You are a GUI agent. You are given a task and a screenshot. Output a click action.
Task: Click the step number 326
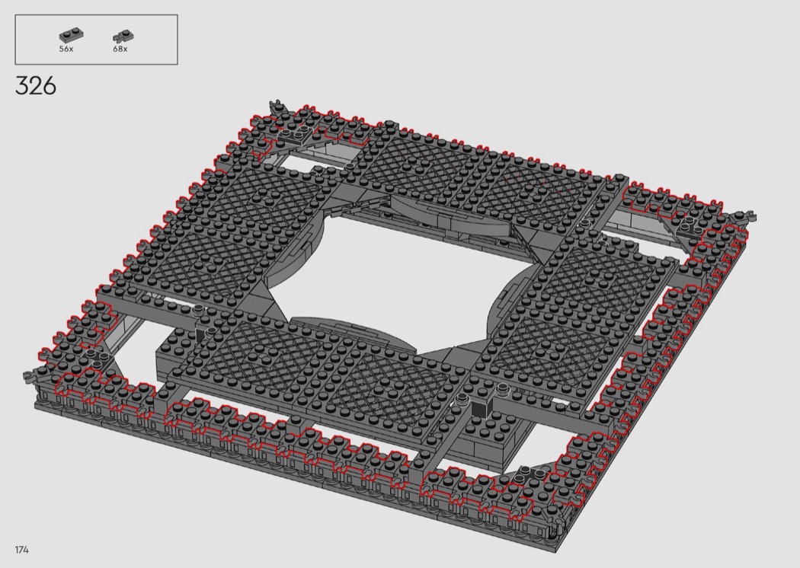point(36,86)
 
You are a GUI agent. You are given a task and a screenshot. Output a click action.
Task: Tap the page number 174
point(21,550)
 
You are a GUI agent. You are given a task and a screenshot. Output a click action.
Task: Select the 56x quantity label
point(66,49)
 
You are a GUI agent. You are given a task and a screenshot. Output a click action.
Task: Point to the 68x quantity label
point(120,49)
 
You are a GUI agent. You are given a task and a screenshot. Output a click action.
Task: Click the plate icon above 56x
point(71,36)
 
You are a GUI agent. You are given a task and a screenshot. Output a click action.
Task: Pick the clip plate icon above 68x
point(123,37)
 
